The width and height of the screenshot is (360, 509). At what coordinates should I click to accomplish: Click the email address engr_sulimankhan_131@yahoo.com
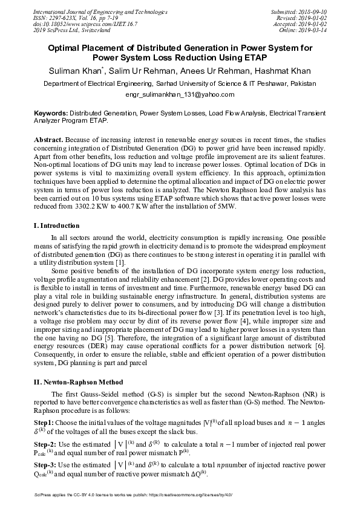click(180, 95)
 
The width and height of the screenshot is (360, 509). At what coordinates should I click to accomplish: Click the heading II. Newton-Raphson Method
click(78, 382)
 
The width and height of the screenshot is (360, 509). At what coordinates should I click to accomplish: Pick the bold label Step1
click(44, 421)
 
